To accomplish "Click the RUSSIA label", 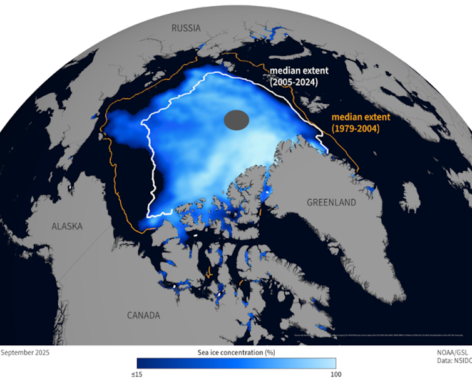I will click(186, 28).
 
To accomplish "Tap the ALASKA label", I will click(67, 226).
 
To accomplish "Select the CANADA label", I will click(143, 315).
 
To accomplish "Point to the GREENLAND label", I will click(331, 202).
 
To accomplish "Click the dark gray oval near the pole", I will click(237, 118).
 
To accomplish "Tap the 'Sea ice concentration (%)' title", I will click(237, 352).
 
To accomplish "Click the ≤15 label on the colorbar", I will click(144, 375).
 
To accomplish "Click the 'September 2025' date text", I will click(25, 352).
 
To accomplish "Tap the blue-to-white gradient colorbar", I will click(237, 363).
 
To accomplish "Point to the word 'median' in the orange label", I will click(346, 117).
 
